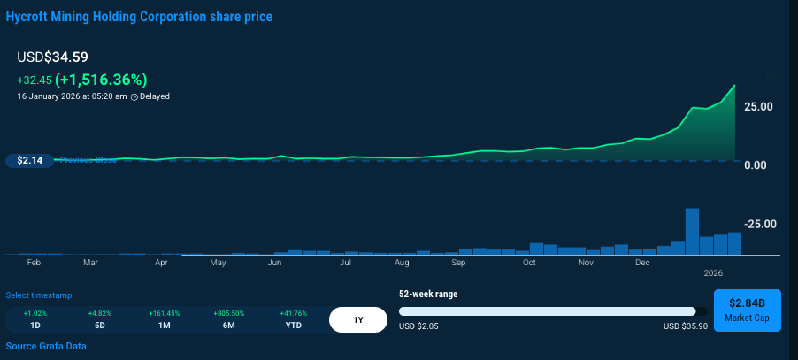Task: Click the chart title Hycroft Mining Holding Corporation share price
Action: coord(139,17)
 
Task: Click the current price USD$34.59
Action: coord(52,57)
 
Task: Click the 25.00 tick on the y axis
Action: coord(758,107)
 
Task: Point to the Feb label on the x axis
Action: coord(34,263)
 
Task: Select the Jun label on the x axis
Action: coord(275,263)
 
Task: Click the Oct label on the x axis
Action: coord(529,263)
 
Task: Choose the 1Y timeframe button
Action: coord(357,319)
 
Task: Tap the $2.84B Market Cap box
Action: coord(747,310)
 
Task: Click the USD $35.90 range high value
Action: coord(686,326)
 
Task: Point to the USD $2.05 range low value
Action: coord(419,326)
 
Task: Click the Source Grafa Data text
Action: coord(46,346)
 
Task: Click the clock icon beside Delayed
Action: coord(134,96)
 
